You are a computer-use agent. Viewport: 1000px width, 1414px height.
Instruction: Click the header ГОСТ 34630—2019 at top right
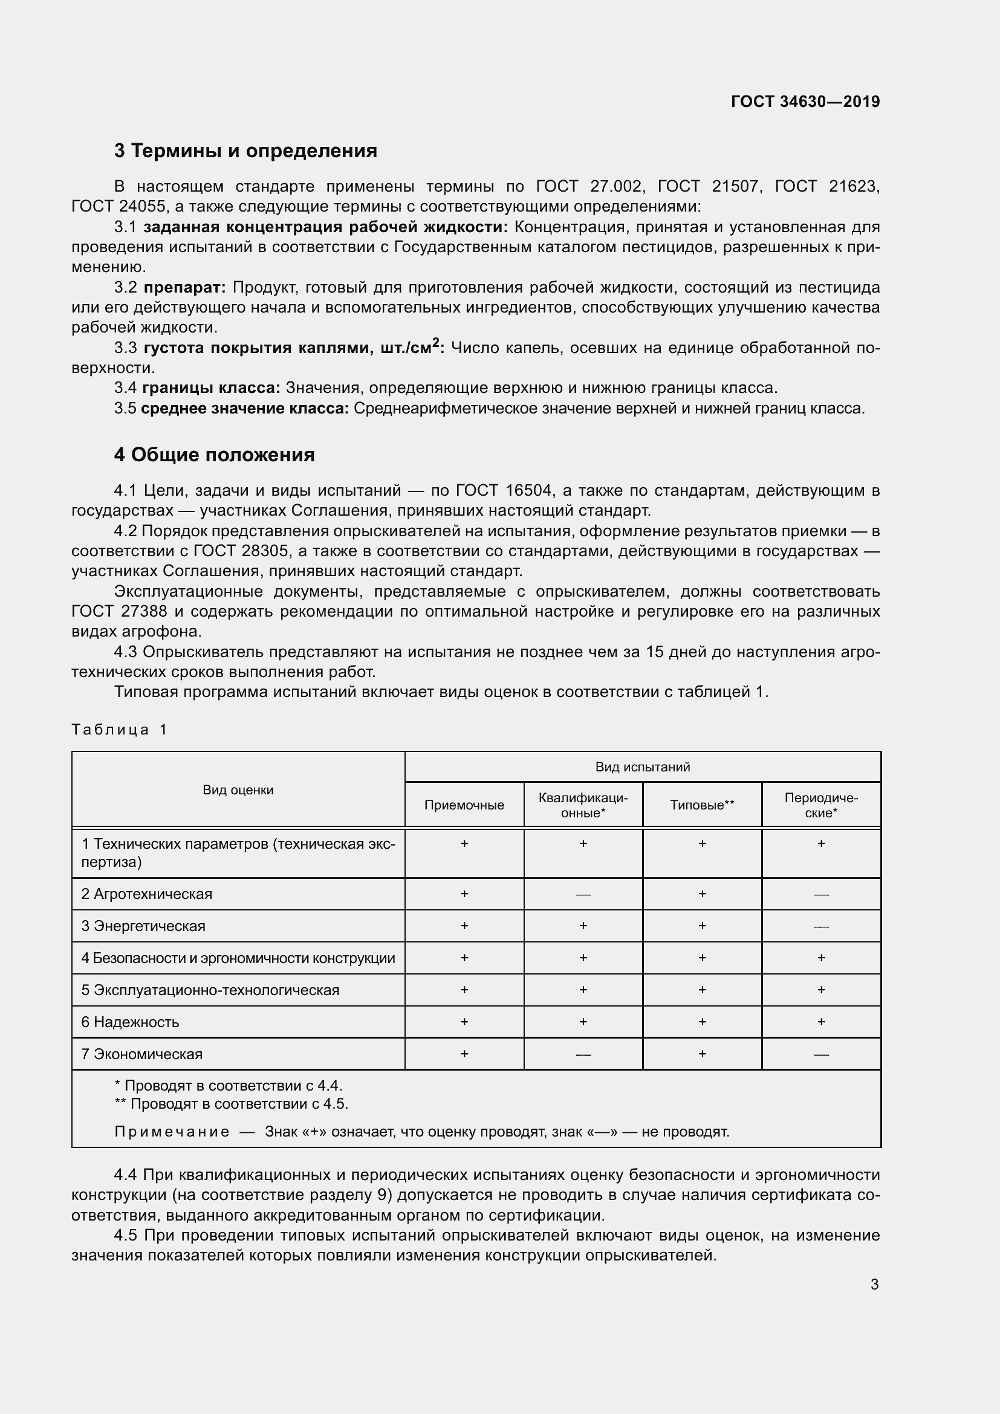click(805, 102)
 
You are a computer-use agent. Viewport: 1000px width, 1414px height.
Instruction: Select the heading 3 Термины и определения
click(245, 151)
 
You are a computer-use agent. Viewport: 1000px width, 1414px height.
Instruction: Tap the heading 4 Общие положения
click(214, 455)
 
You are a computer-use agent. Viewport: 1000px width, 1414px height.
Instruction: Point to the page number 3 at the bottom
click(874, 1285)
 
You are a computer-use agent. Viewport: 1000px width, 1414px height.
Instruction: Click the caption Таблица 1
click(120, 730)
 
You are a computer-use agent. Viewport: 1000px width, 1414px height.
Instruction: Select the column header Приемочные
click(464, 805)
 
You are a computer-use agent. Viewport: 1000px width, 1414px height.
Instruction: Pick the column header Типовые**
click(702, 805)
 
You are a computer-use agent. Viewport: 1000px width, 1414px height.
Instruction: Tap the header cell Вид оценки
click(238, 790)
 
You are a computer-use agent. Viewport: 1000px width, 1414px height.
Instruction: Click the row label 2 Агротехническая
click(146, 894)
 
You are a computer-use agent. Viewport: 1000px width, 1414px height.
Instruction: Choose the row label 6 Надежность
click(130, 1022)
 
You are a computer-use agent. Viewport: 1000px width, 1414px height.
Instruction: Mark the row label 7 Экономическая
click(141, 1054)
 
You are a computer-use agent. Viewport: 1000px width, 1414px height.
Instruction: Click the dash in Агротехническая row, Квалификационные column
click(583, 895)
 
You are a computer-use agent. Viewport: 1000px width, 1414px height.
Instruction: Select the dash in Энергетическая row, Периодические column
click(821, 927)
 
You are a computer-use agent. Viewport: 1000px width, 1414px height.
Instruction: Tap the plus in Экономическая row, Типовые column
click(702, 1054)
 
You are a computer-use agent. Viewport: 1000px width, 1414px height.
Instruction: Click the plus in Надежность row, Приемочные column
click(464, 1022)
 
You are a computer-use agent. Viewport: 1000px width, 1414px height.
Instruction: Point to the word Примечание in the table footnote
click(172, 1132)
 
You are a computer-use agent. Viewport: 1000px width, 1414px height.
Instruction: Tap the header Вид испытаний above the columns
click(642, 767)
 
